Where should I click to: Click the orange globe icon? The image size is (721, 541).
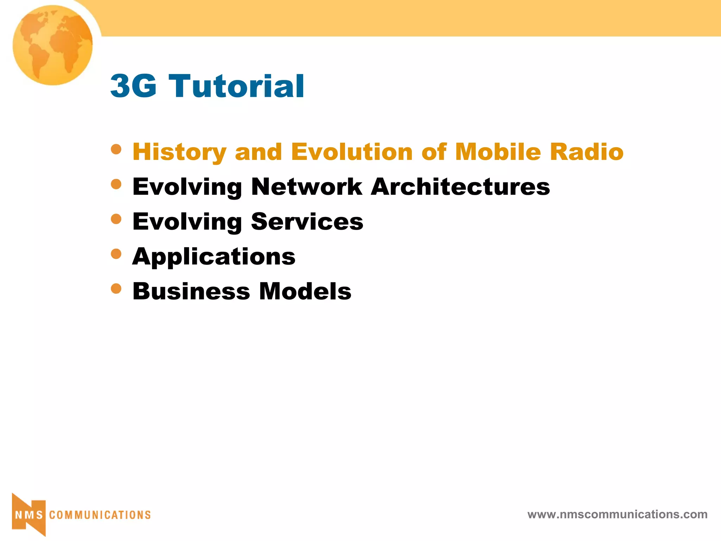coord(53,45)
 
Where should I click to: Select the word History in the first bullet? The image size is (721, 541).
coord(179,152)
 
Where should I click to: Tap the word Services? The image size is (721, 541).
coord(307,222)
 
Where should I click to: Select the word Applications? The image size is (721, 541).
coord(214,257)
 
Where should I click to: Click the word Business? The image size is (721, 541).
coord(191,291)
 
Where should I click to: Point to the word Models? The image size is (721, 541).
coord(305,291)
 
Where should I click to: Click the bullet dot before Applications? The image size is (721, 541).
coord(116,254)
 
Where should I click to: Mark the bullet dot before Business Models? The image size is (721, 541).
coord(116,289)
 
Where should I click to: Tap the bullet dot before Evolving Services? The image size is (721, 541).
coord(116,219)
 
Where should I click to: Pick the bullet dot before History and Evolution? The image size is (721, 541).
coord(116,149)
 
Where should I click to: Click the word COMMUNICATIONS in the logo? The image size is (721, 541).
coord(100,515)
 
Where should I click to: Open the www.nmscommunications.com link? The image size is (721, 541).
coord(617,514)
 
